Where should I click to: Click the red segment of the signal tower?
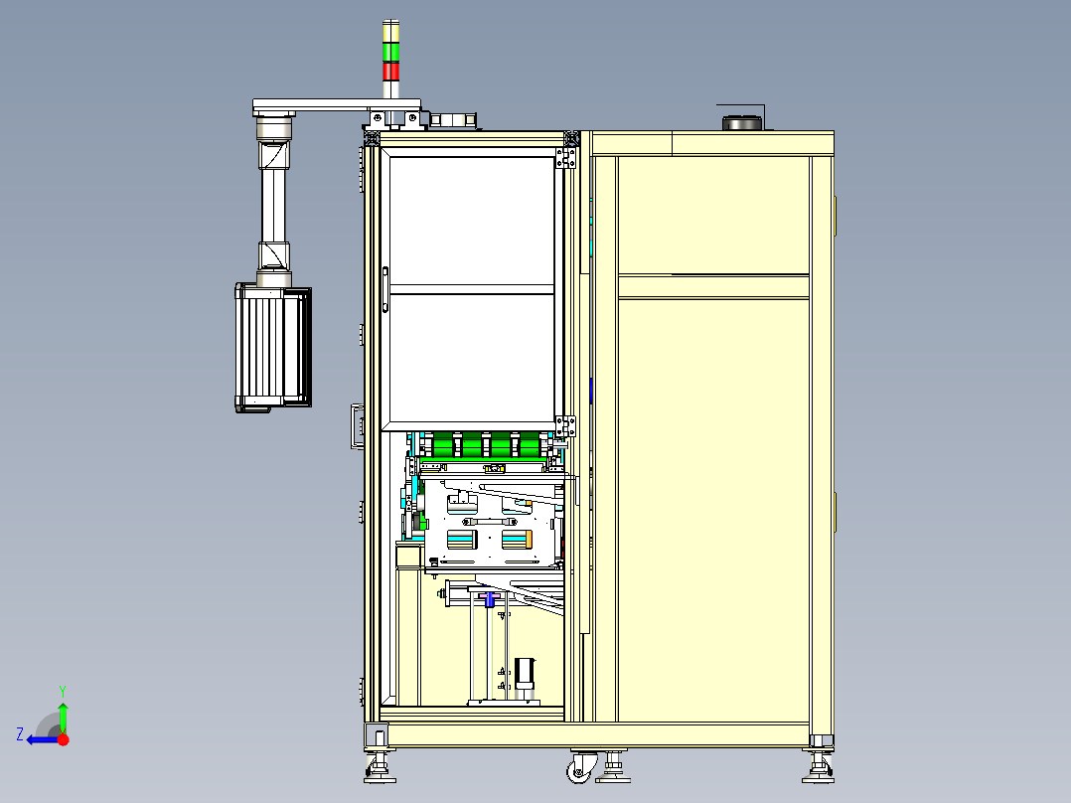[390, 72]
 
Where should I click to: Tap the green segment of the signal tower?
[390, 53]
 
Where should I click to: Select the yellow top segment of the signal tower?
[390, 32]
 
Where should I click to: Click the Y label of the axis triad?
[63, 691]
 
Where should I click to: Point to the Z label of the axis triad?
[20, 734]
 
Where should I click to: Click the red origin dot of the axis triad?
[64, 739]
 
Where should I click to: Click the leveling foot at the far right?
[819, 767]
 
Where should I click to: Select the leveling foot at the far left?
[380, 767]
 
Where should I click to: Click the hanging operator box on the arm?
[273, 348]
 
